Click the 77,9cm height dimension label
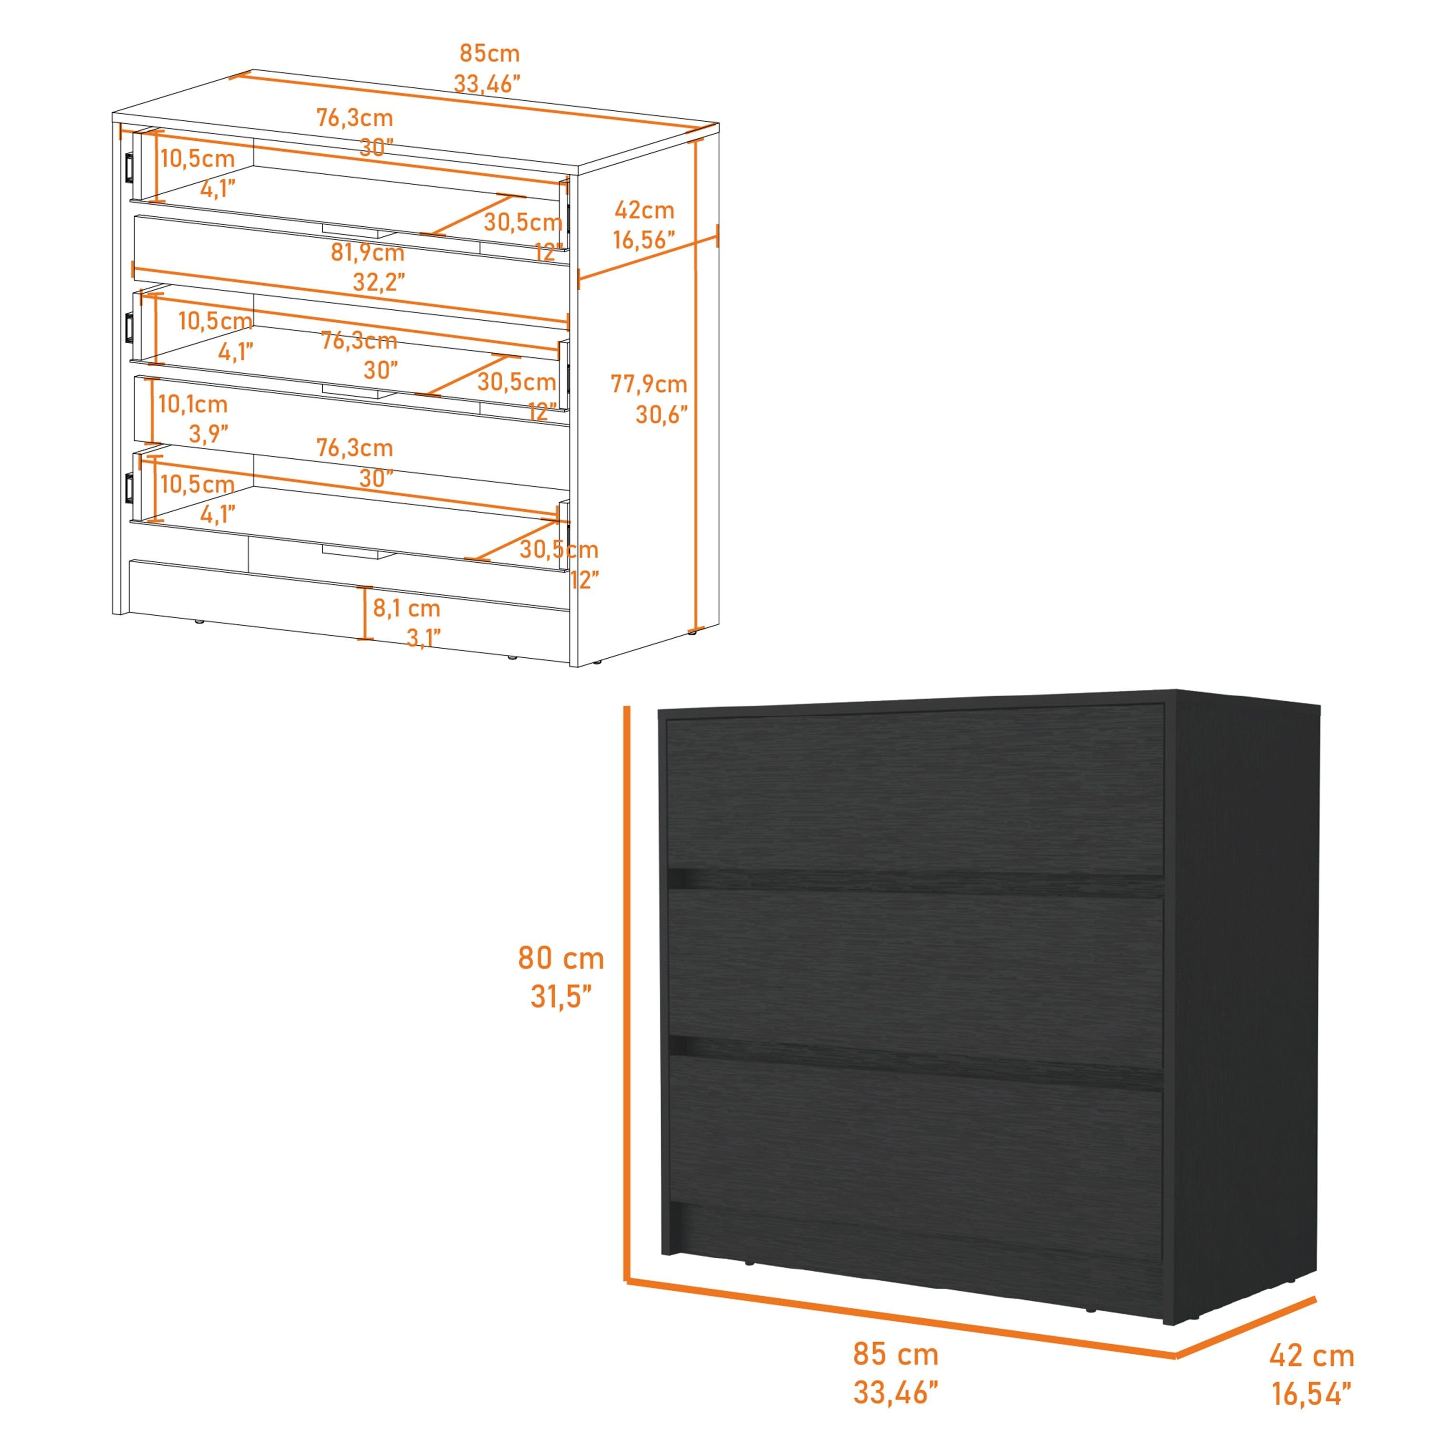click(649, 384)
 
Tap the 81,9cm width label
click(367, 253)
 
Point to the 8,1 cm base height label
click(406, 608)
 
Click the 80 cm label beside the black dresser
click(561, 958)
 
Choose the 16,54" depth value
click(1312, 1393)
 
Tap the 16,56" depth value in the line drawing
click(644, 240)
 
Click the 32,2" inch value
click(379, 283)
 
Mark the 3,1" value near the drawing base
click(424, 637)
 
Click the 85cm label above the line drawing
click(489, 53)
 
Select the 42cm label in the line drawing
click(644, 211)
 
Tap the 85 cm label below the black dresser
click(895, 1353)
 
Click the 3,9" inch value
click(208, 433)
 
